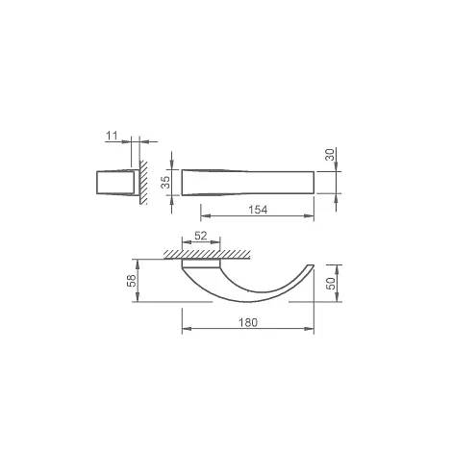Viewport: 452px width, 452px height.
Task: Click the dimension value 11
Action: click(112, 136)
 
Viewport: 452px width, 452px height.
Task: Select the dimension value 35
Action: click(165, 182)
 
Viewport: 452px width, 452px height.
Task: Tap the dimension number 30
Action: click(330, 155)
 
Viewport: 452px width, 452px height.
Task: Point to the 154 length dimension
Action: click(258, 210)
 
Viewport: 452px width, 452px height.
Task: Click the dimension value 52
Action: click(201, 236)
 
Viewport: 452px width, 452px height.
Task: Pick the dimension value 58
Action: click(132, 280)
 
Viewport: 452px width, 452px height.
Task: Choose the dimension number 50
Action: click(331, 284)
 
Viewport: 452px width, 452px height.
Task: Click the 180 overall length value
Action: click(248, 322)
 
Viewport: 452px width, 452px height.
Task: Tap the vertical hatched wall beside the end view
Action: click(143, 183)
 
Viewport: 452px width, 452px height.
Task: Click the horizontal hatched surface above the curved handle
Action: click(207, 255)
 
